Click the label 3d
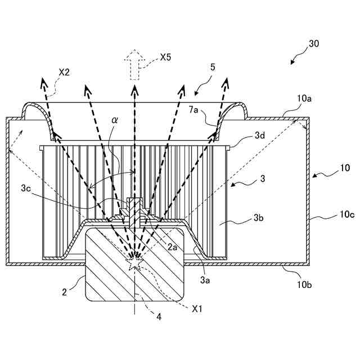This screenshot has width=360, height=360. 260,135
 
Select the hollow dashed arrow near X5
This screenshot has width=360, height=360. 134,65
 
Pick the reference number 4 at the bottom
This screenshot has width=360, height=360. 159,317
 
